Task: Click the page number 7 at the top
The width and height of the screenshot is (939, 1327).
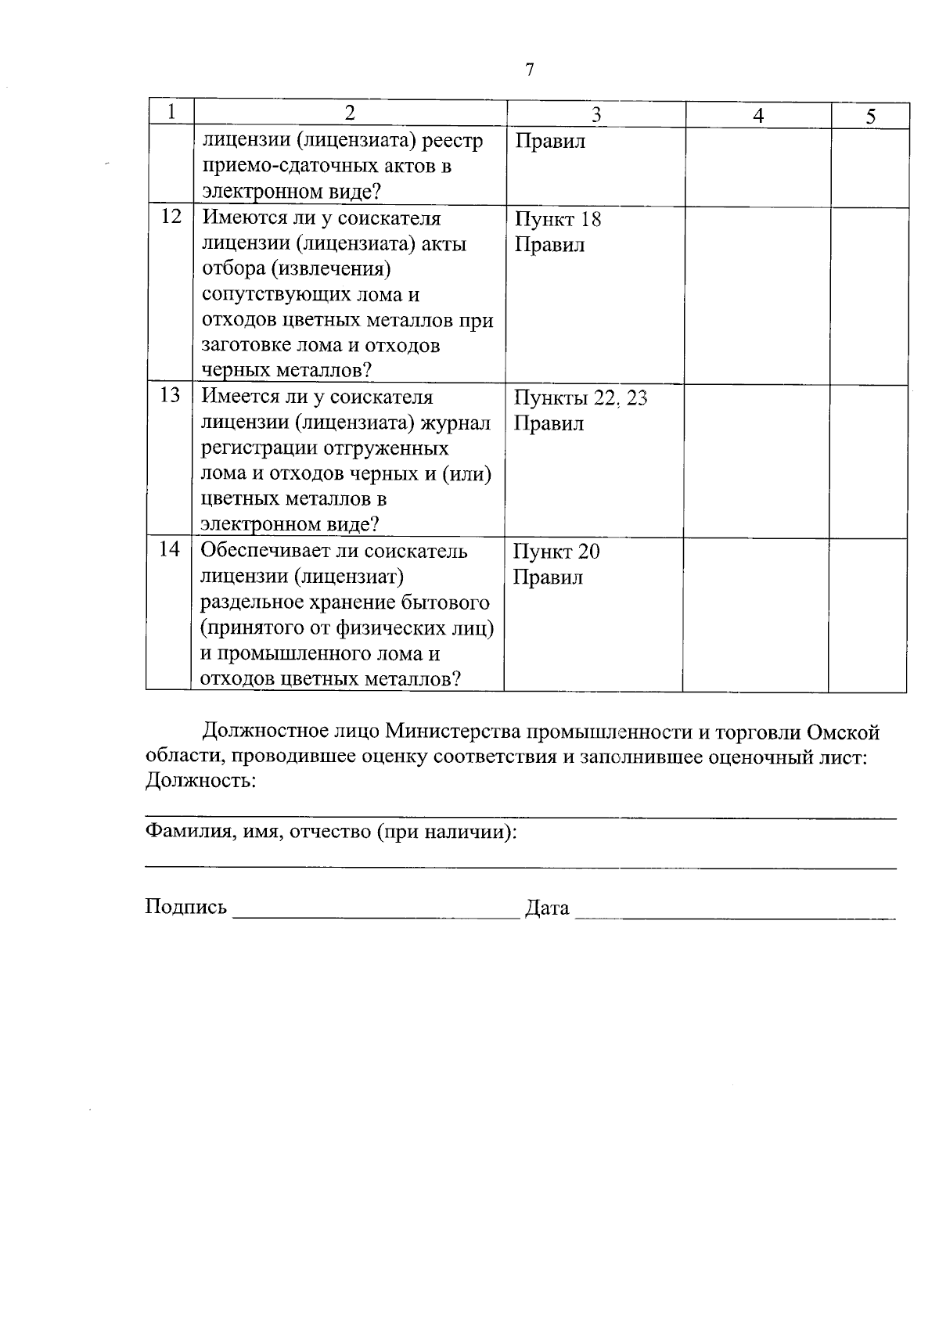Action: pyautogui.click(x=529, y=70)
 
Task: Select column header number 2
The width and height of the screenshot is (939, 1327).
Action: pyautogui.click(x=350, y=113)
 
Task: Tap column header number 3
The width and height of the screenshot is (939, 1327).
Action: pyautogui.click(x=595, y=115)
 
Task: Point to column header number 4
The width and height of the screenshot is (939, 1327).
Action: pyautogui.click(x=757, y=116)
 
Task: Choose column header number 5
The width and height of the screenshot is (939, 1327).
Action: pyautogui.click(x=870, y=117)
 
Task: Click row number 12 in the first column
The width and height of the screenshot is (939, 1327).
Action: pyautogui.click(x=171, y=217)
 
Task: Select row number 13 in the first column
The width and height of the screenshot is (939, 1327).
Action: pyautogui.click(x=170, y=395)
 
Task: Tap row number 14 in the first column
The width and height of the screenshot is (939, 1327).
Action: pyautogui.click(x=169, y=549)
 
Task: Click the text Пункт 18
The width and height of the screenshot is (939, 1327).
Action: pyautogui.click(x=557, y=219)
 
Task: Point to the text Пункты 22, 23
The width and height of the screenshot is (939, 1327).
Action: pyautogui.click(x=580, y=398)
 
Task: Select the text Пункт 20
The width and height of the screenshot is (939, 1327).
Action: pyautogui.click(x=556, y=552)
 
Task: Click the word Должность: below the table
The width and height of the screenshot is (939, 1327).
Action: pyautogui.click(x=200, y=780)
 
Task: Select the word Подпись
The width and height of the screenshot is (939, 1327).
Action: pyautogui.click(x=185, y=907)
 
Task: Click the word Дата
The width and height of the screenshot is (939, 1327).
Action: pyautogui.click(x=547, y=908)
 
